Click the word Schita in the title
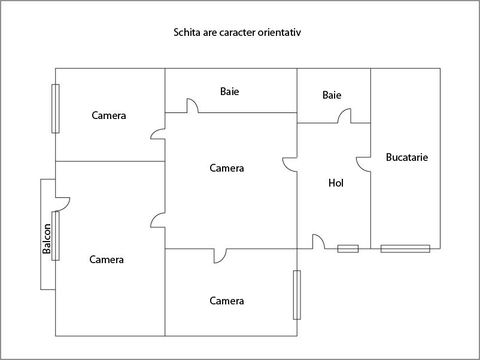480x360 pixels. [x=187, y=32]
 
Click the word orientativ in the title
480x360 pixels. [x=279, y=32]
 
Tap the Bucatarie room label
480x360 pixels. [x=407, y=158]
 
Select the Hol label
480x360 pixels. [x=336, y=183]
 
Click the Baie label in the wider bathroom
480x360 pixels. [x=230, y=91]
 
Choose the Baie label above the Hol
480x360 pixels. [x=332, y=95]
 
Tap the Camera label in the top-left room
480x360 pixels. [x=109, y=115]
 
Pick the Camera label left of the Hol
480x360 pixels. [x=227, y=168]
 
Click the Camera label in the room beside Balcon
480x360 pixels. [x=107, y=260]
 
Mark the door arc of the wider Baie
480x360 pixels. [x=193, y=106]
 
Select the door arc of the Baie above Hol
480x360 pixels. [x=345, y=116]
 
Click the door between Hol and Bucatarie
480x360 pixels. [x=363, y=164]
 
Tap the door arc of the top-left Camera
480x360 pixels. [x=158, y=133]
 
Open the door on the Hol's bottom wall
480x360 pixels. [x=318, y=242]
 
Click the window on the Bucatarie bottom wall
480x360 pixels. [x=405, y=249]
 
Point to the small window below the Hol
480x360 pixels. [x=348, y=249]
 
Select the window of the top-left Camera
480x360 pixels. [x=56, y=108]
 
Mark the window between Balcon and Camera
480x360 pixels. [x=56, y=236]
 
